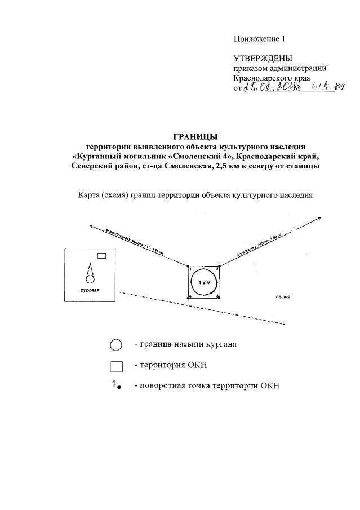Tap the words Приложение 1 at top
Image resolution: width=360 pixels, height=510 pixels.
coord(260,39)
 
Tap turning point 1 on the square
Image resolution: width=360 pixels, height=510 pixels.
coord(188,266)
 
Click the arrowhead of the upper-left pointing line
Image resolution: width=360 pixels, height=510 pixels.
coord(91,225)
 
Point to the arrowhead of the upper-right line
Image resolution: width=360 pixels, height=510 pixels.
coord(320,218)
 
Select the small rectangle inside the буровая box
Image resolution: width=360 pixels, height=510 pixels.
coord(102,256)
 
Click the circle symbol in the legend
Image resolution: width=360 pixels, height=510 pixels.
coord(116,345)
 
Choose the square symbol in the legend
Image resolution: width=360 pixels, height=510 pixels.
coord(116,366)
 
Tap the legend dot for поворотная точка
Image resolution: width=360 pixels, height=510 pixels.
coord(119,387)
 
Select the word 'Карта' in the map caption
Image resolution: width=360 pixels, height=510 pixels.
coord(89,196)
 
